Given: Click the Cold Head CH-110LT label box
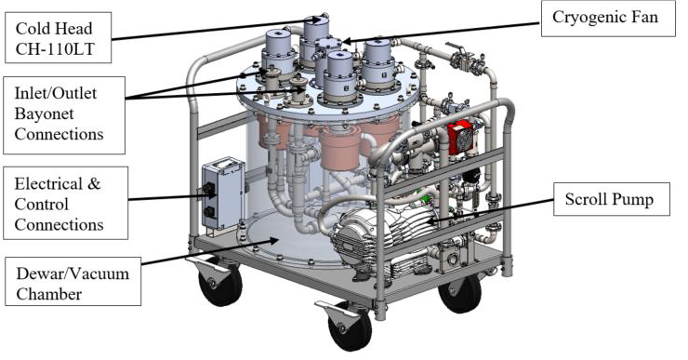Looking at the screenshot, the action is [58, 38].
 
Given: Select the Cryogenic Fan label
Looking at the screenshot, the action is [608, 19].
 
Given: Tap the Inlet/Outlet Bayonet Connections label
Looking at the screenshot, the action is [64, 115].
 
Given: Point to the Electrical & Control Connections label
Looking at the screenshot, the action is [66, 204].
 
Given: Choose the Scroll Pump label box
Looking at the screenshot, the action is [612, 199].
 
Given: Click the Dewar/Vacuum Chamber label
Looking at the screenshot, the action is [73, 282].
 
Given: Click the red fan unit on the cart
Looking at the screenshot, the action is [461, 138].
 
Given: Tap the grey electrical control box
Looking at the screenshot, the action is [223, 193].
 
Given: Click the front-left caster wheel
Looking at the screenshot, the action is [219, 281].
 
